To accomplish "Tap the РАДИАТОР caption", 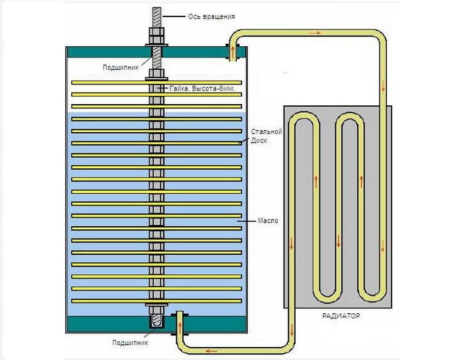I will [340, 316].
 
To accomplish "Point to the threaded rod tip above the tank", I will [156, 15].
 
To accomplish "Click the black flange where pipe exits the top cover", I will [226, 51].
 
